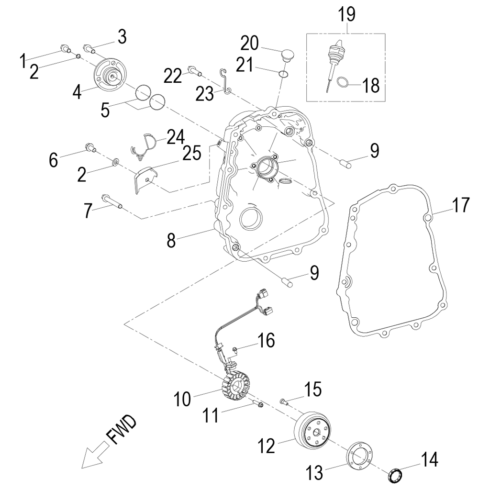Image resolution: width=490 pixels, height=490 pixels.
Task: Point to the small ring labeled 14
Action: pyautogui.click(x=395, y=476)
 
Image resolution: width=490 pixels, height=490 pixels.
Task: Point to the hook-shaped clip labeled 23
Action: pyautogui.click(x=225, y=81)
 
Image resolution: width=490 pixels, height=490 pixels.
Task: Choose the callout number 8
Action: pyautogui.click(x=171, y=240)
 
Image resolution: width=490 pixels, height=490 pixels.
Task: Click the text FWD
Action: pyautogui.click(x=121, y=431)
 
